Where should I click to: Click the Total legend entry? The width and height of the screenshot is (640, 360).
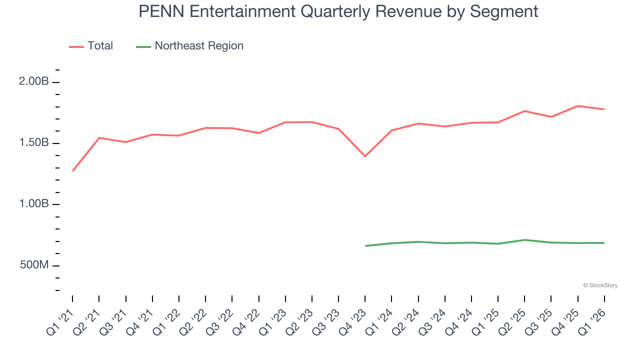[x=100, y=46]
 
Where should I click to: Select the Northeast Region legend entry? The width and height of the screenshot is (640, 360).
[x=198, y=46]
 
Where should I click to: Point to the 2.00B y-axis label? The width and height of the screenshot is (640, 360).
[x=34, y=82]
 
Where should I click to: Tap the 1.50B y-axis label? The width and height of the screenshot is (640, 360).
[x=34, y=143]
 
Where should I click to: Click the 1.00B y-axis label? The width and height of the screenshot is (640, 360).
[x=34, y=204]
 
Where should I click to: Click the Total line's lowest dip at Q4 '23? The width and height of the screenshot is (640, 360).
[x=365, y=156]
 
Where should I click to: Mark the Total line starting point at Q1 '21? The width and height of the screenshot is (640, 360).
[x=73, y=170]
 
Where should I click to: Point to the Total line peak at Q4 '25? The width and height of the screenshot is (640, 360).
[x=577, y=106]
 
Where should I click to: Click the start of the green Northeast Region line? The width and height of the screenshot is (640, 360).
[x=365, y=245]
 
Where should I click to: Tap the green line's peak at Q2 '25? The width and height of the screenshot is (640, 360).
[x=524, y=240]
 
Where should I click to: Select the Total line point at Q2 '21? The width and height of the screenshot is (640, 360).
[x=99, y=137]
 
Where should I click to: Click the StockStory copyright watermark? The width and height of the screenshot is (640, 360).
[x=600, y=285]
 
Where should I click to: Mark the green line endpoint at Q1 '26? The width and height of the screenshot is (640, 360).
[x=604, y=243]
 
